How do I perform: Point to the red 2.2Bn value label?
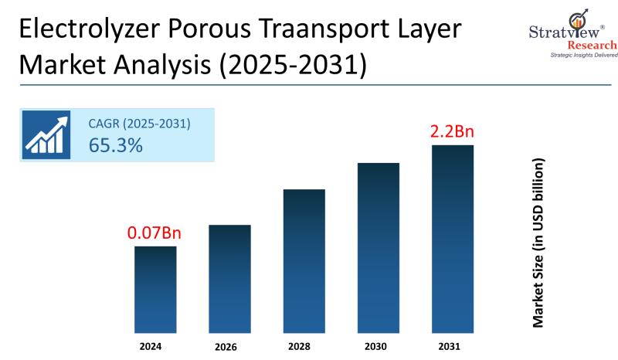pyautogui.click(x=452, y=131)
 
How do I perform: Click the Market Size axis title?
pyautogui.click(x=538, y=243)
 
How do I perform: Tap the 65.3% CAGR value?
pyautogui.click(x=116, y=144)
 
